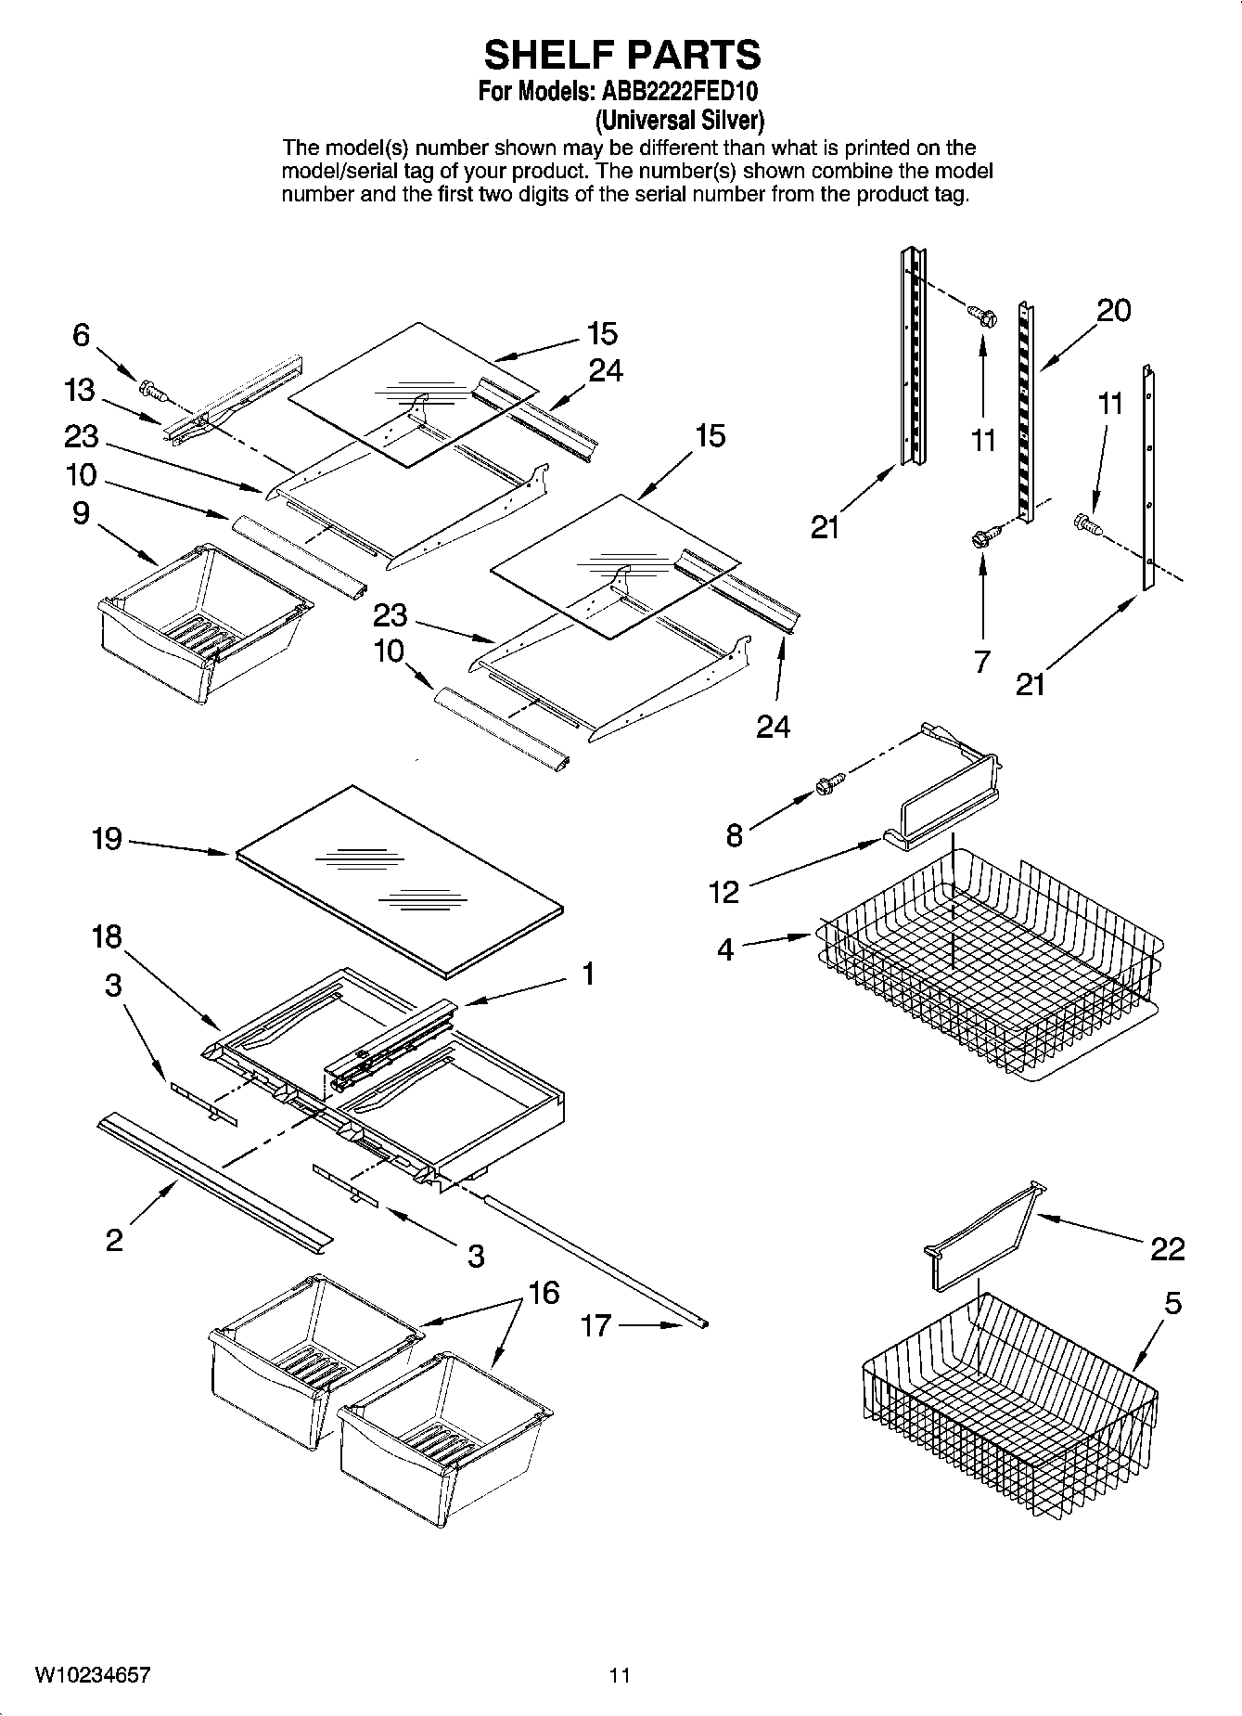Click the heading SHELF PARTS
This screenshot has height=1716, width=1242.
[621, 55]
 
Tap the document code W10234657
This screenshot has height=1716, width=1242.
[93, 1675]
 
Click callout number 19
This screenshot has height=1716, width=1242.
[107, 839]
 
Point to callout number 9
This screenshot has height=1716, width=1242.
[81, 513]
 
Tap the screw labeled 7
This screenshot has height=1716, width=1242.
[981, 535]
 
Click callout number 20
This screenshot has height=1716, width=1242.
[1112, 310]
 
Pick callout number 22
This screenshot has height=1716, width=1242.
[1167, 1249]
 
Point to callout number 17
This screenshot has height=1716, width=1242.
[595, 1324]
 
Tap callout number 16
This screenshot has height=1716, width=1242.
[544, 1292]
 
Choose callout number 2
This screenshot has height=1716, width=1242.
[113, 1240]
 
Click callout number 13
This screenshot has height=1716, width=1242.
[81, 390]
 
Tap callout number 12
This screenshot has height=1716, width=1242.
[723, 892]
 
